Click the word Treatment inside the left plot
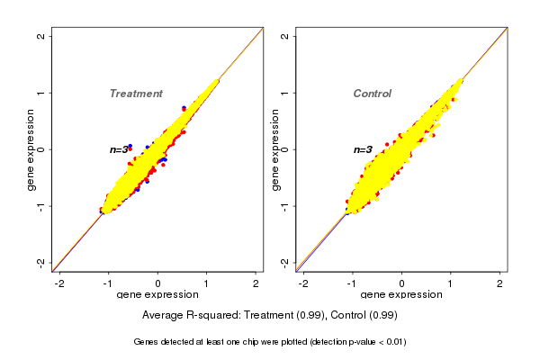point(136,94)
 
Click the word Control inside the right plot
point(373,94)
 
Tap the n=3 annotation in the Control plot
point(363,150)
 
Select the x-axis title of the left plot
point(157,295)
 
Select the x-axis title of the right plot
point(401,295)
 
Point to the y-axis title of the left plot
point(31,149)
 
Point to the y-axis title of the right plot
point(274,149)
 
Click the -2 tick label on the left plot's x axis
point(59,283)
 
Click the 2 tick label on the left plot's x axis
point(256,283)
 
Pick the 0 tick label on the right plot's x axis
point(401,283)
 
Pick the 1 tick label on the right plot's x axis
point(451,283)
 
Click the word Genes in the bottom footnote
point(147,342)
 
